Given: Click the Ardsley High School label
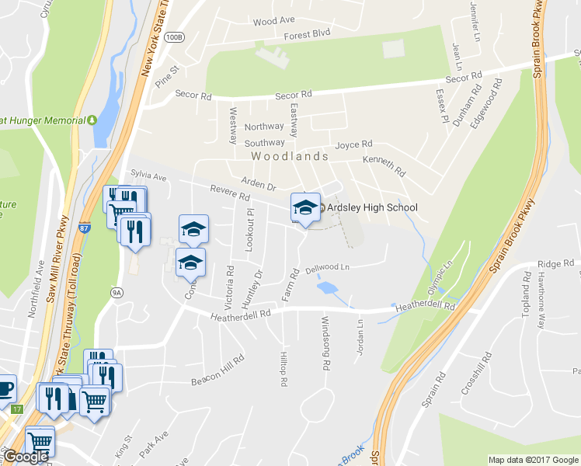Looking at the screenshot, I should [x=372, y=207].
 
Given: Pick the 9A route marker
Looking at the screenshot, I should [x=117, y=292].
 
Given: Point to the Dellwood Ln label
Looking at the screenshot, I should [x=329, y=268].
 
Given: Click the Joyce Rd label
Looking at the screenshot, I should [x=353, y=144].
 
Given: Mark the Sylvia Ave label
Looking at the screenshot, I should [x=148, y=177].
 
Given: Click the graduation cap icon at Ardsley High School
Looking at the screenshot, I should [x=305, y=208].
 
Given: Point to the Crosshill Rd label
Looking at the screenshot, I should [x=476, y=373].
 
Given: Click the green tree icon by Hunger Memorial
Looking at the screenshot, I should [x=92, y=120].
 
